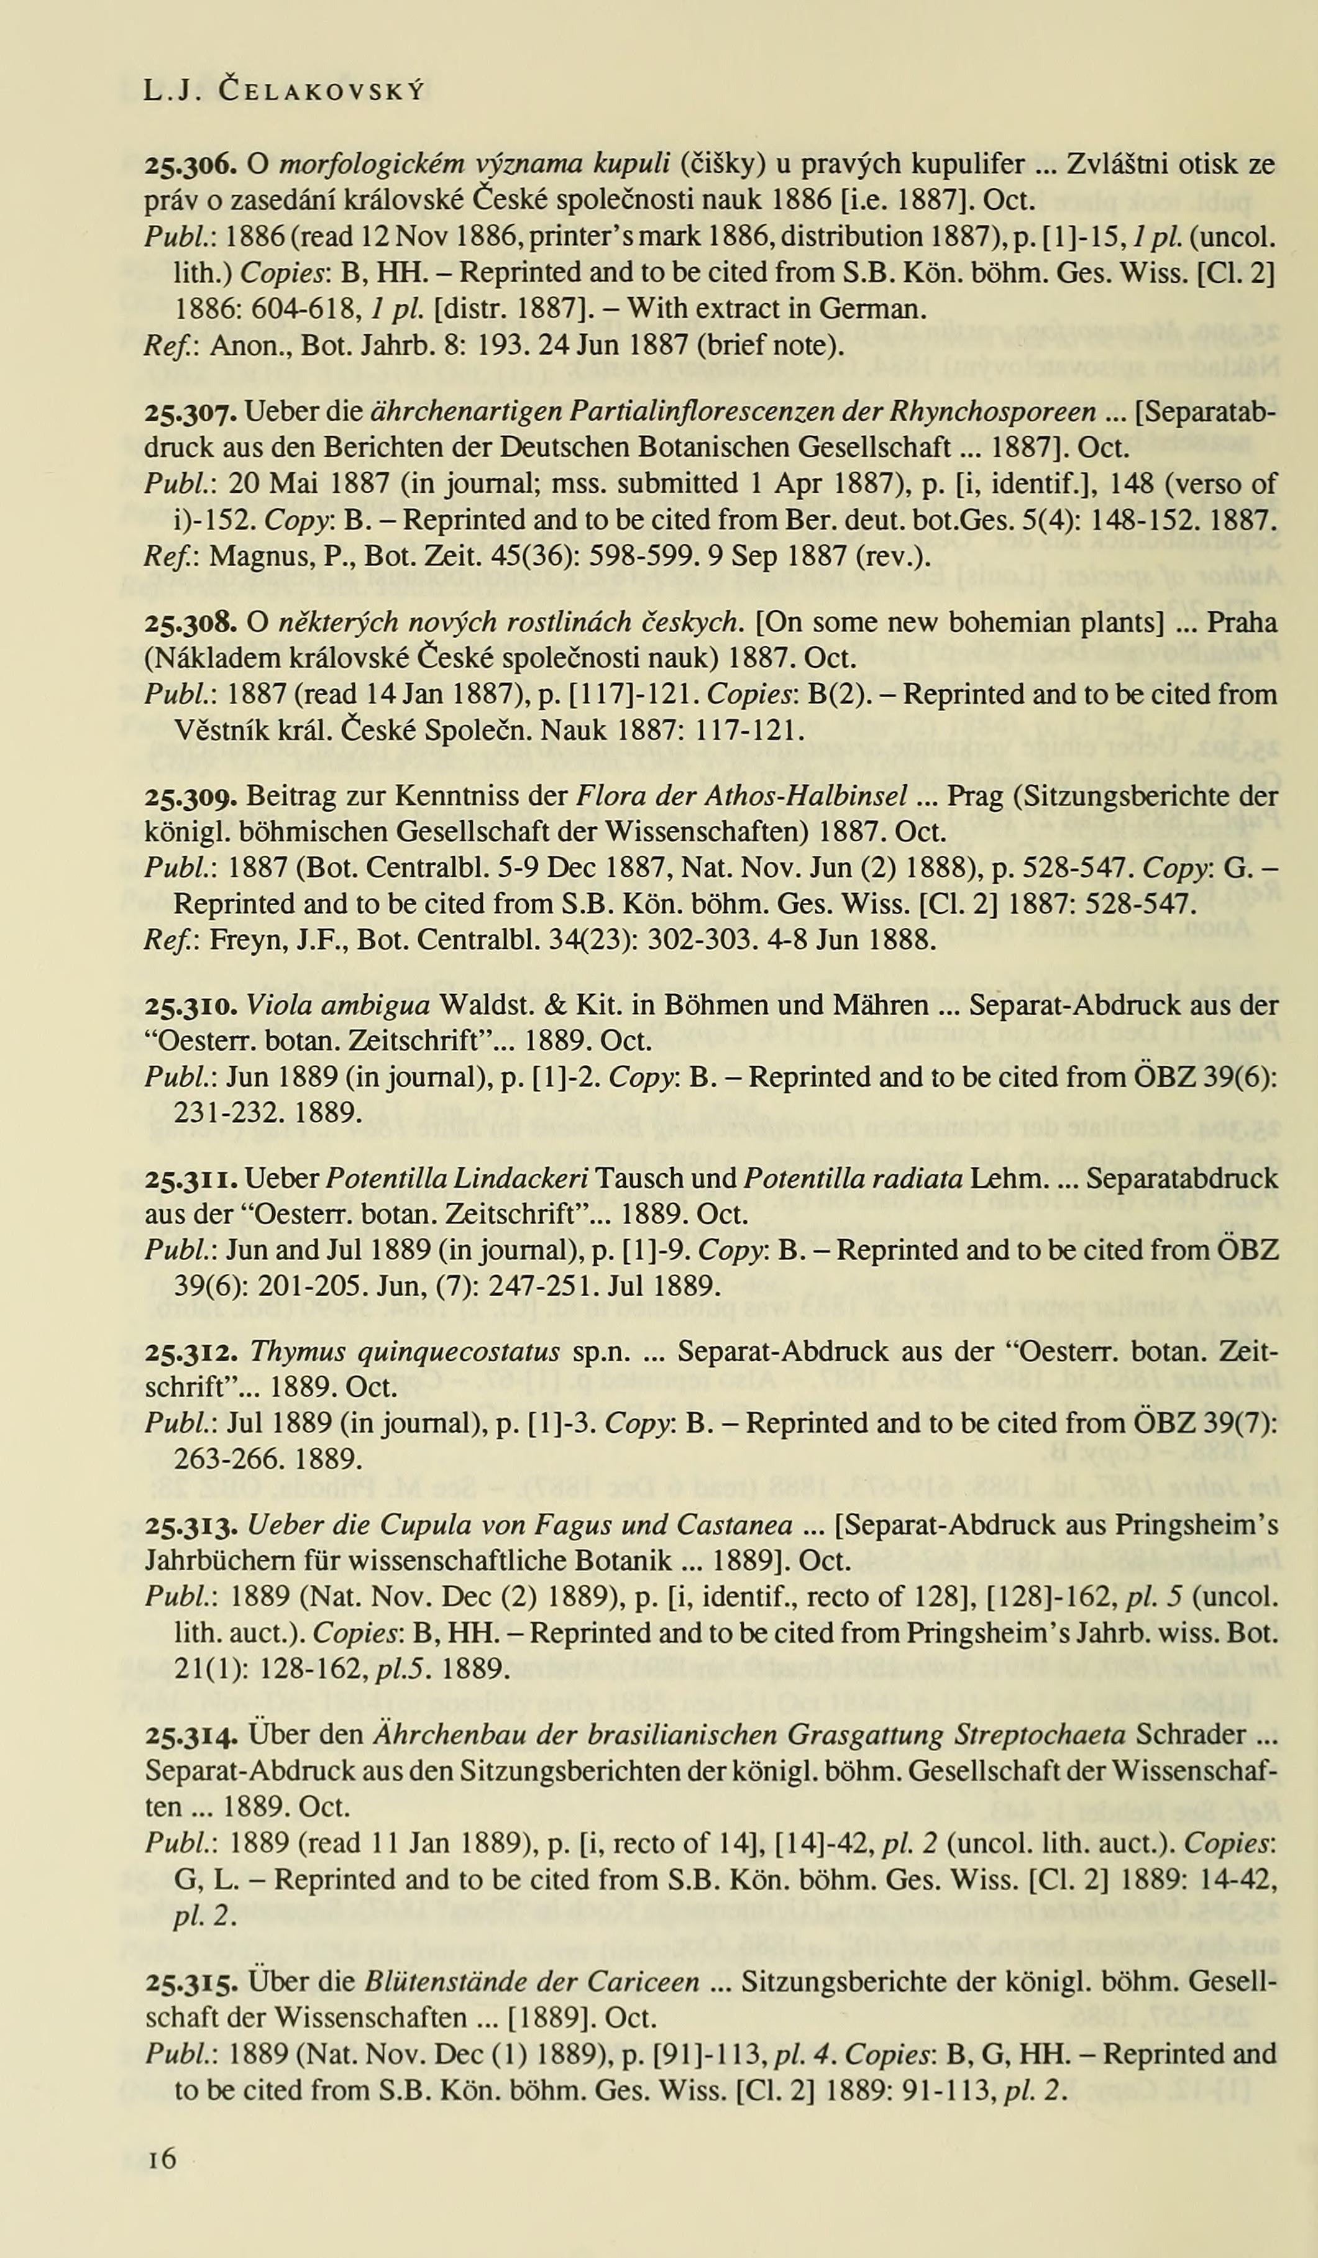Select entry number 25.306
(191, 165)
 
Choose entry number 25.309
(191, 796)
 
